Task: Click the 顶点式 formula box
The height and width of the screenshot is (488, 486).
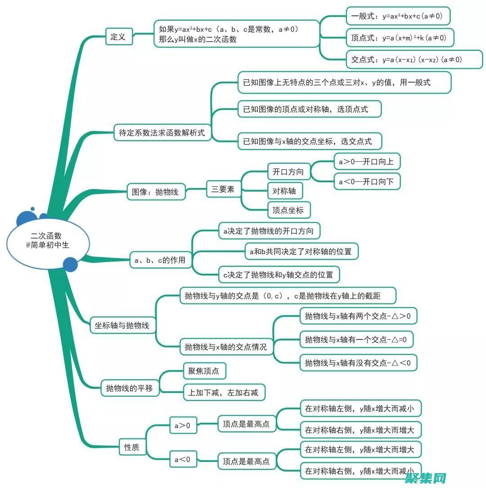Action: pyautogui.click(x=400, y=38)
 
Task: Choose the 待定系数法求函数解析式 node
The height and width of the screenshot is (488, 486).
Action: pyautogui.click(x=162, y=132)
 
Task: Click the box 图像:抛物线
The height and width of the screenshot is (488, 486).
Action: pyautogui.click(x=155, y=192)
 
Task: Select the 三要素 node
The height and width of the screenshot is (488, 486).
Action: pyautogui.click(x=223, y=190)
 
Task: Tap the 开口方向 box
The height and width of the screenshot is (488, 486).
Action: pyautogui.click(x=288, y=172)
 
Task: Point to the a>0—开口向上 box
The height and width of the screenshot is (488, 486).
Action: pyautogui.click(x=367, y=162)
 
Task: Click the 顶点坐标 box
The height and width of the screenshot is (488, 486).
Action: pyautogui.click(x=288, y=210)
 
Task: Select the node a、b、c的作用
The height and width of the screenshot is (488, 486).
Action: pyautogui.click(x=160, y=260)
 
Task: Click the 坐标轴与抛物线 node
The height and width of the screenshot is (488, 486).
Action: pyautogui.click(x=122, y=325)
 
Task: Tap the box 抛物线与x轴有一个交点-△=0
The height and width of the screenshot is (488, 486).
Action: pyautogui.click(x=356, y=339)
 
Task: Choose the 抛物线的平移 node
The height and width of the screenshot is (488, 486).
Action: pyautogui.click(x=130, y=388)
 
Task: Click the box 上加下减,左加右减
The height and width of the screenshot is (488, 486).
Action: pyautogui.click(x=224, y=393)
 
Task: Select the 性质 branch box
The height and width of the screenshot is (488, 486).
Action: pyautogui.click(x=131, y=447)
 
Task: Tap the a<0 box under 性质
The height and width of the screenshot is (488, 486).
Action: pyautogui.click(x=183, y=460)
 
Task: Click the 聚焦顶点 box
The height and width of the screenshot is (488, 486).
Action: pyautogui.click(x=204, y=371)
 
